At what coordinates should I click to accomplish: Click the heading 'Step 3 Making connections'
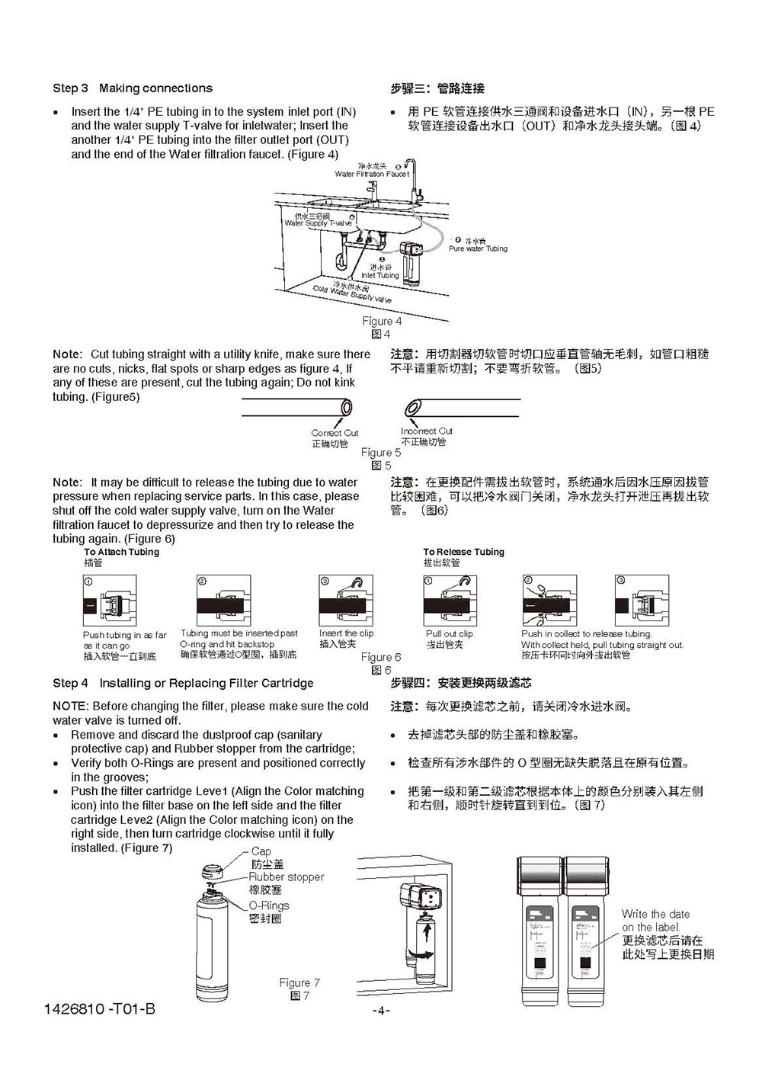133,88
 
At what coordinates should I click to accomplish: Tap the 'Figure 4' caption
382,321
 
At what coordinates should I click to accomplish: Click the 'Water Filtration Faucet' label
372,174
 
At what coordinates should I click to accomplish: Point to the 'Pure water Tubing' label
478,248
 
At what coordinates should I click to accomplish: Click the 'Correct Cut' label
335,433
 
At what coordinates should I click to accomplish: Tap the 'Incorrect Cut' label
427,431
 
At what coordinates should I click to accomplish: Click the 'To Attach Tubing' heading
121,552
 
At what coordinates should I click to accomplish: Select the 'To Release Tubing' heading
463,552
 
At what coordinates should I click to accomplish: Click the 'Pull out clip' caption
449,633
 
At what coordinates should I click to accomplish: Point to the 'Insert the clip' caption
346,633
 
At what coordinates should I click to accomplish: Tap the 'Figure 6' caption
381,657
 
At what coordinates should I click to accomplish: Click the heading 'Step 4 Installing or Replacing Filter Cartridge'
183,683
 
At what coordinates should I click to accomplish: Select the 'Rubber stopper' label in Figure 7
286,877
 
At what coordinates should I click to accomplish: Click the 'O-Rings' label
269,905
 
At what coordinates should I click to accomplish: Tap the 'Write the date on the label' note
655,920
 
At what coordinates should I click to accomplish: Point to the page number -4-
380,1011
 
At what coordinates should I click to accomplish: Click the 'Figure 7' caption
299,982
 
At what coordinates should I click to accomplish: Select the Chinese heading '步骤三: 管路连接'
437,88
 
